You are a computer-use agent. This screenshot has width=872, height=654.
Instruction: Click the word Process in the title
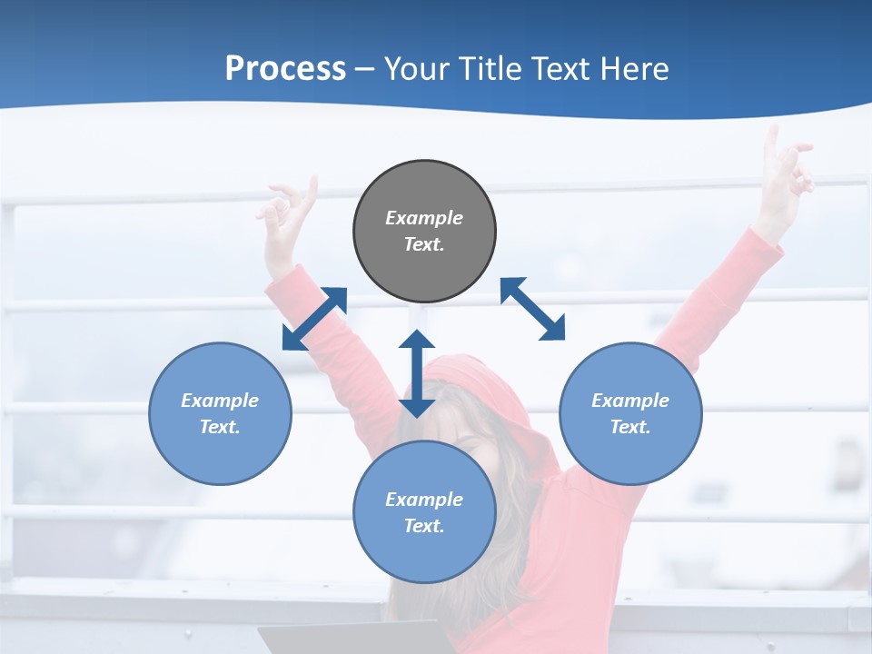pos(285,69)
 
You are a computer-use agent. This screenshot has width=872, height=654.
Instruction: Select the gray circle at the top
pos(424,231)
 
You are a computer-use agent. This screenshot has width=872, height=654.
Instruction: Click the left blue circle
pos(220,413)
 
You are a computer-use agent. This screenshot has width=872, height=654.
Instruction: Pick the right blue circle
pos(630,413)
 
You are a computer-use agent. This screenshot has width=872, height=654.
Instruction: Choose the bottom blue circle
pos(424,512)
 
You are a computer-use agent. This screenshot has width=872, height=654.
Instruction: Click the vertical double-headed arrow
pos(417,373)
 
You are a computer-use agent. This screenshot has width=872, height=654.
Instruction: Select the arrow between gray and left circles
pos(314,319)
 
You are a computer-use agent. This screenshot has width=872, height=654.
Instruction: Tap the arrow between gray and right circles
pos(532,309)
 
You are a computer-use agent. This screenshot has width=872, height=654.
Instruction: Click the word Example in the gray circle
pos(424,218)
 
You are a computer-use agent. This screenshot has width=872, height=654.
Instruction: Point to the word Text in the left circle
pos(220,427)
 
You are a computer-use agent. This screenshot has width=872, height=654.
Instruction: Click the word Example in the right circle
pos(630,401)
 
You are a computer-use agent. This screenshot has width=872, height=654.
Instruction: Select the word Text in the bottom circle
pos(424,526)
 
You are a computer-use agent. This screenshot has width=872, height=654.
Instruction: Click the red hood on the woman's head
pos(481,381)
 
